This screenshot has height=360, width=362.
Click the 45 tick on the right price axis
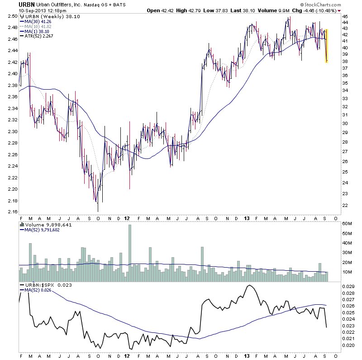click(x=345, y=16)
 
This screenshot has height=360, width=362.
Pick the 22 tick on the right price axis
click(x=345, y=206)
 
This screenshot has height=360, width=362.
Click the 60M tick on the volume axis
click(x=347, y=224)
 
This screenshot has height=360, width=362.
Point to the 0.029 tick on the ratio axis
click(x=349, y=287)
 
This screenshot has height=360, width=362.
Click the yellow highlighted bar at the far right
click(x=326, y=45)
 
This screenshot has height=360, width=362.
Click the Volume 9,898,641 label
click(x=43, y=224)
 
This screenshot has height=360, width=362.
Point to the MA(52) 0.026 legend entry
click(x=38, y=290)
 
